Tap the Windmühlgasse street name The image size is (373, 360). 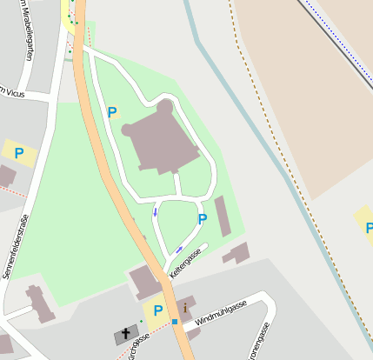click(221, 312)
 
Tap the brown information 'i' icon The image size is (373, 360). click(184, 308)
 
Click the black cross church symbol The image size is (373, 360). click(125, 334)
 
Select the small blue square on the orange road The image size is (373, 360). click(175, 322)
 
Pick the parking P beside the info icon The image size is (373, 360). click(157, 310)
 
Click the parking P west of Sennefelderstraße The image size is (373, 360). click(19, 153)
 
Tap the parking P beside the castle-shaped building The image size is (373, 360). click(111, 111)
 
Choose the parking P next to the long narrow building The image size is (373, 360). click(203, 219)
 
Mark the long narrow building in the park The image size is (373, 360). click(223, 217)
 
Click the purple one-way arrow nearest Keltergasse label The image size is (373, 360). click(179, 250)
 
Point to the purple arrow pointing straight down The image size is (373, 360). click(156, 211)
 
